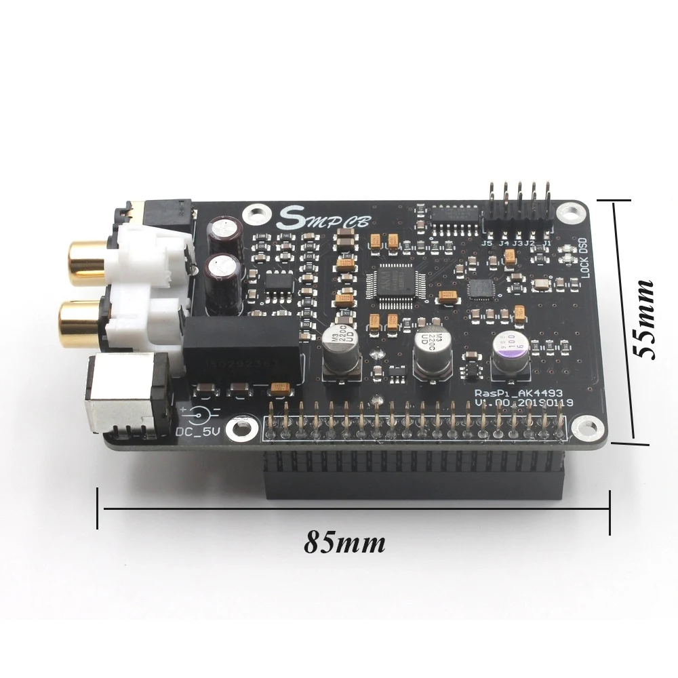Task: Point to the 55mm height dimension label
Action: tap(640, 319)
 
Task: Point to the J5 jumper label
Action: tap(487, 243)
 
